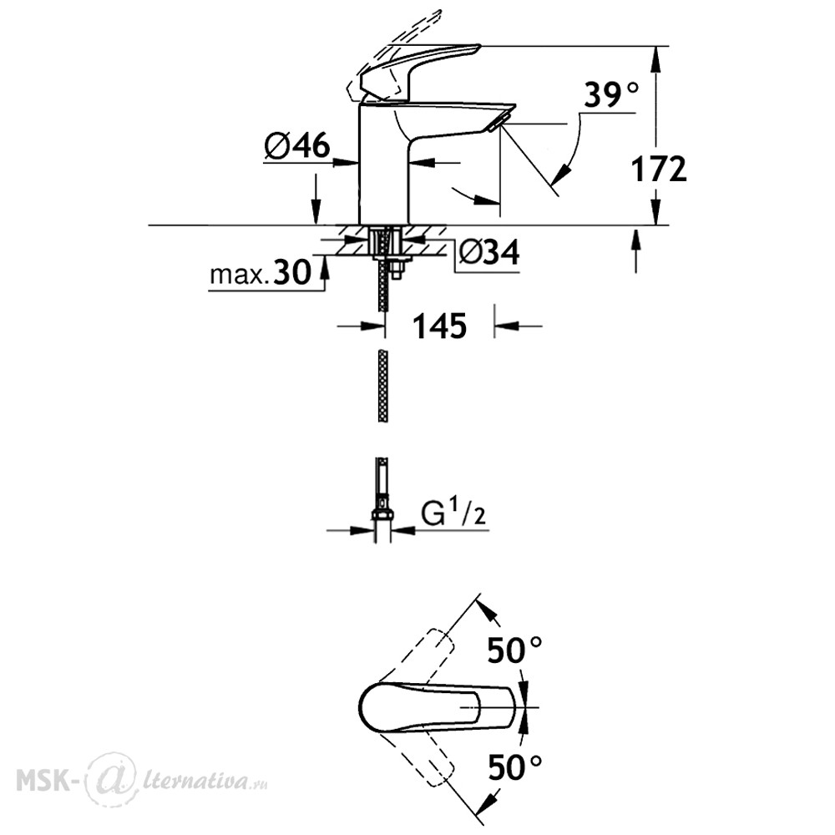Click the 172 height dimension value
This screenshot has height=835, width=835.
tap(659, 170)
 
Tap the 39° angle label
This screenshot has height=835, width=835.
tap(611, 96)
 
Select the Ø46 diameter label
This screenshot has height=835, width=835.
tap(297, 144)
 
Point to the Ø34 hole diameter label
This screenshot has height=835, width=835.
tap(488, 251)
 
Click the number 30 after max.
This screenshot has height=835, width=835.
tap(291, 273)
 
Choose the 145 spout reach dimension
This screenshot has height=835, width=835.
tap(440, 326)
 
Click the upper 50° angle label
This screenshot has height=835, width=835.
tap(515, 650)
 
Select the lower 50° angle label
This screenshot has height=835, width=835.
tap(515, 767)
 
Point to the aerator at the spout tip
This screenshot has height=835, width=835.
tap(498, 123)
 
